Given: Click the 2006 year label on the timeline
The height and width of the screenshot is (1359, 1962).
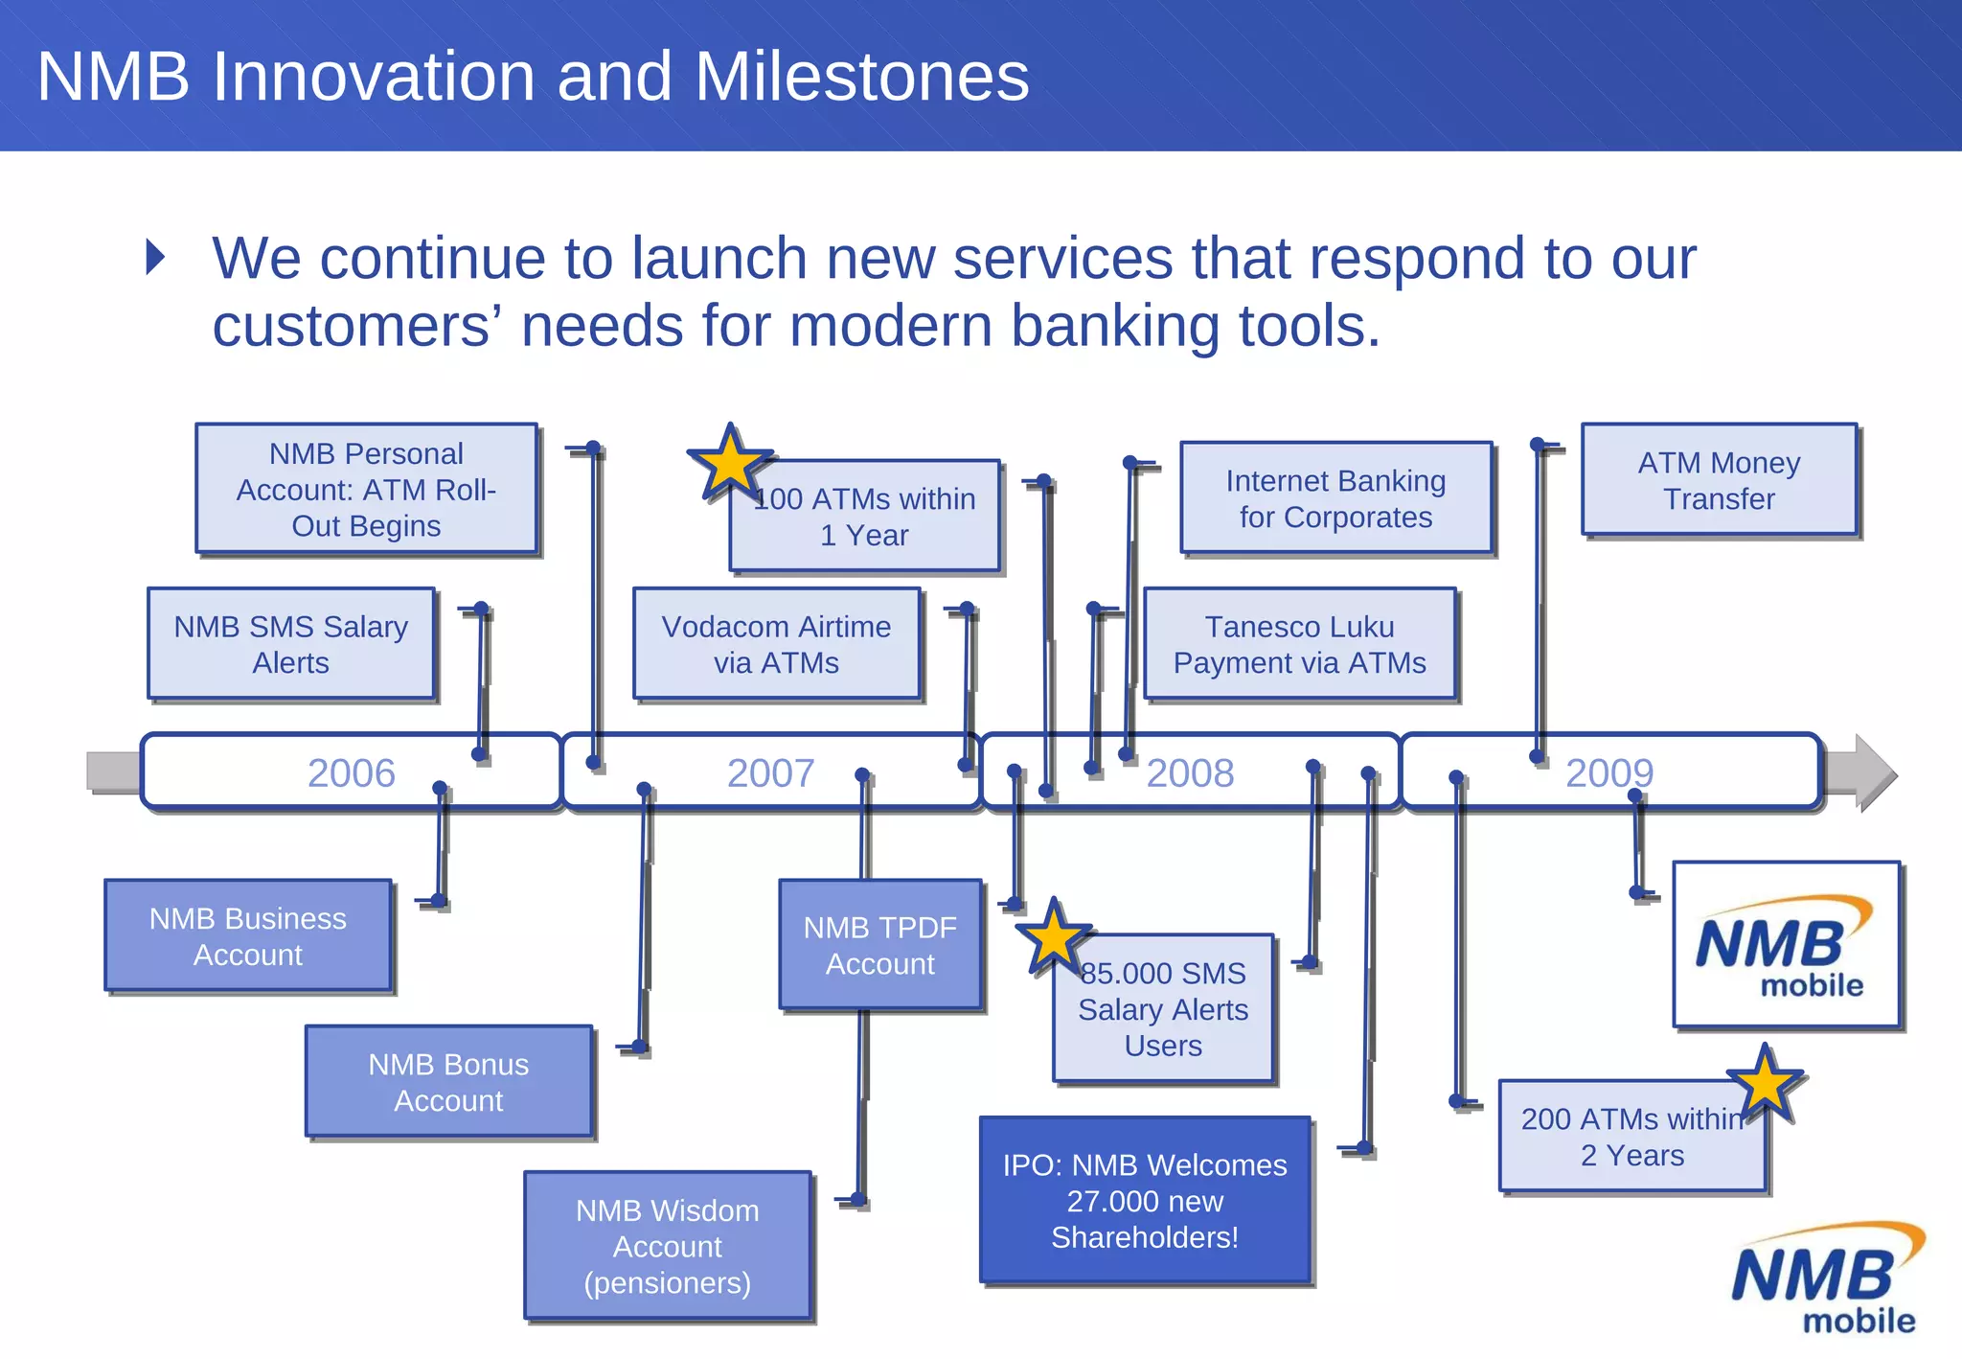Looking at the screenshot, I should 351,773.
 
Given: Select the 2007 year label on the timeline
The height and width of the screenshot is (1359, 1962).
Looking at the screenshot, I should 770,773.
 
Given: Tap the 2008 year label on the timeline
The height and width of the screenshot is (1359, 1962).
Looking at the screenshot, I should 1190,773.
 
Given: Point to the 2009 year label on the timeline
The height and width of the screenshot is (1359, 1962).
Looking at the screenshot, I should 1609,773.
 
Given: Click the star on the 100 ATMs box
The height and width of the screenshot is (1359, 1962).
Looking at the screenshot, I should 730,463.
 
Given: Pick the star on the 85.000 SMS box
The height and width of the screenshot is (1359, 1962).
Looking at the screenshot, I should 1053,937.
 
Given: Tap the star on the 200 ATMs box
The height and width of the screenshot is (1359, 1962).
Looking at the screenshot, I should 1765,1084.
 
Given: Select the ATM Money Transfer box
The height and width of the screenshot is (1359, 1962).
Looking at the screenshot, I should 1719,480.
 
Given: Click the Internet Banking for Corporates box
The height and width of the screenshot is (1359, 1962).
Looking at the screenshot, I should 1335,498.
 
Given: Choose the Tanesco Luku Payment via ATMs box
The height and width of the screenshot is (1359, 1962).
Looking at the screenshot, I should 1299,644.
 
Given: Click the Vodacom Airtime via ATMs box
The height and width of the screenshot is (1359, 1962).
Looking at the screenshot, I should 776,644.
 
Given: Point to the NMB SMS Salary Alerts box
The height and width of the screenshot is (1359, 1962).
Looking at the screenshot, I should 290,644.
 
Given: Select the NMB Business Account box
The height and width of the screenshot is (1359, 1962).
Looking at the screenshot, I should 247,936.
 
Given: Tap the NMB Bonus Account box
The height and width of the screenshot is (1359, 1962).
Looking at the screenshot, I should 448,1082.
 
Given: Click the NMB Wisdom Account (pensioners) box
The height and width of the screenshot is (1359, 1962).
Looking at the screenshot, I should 667,1246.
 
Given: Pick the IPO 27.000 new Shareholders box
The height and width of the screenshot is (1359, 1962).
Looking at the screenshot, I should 1144,1201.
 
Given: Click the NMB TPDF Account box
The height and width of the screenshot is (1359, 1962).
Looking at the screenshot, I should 879,945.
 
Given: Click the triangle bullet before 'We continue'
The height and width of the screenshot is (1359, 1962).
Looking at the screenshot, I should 156,257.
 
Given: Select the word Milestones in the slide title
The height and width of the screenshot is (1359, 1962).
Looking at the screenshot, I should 861,76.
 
